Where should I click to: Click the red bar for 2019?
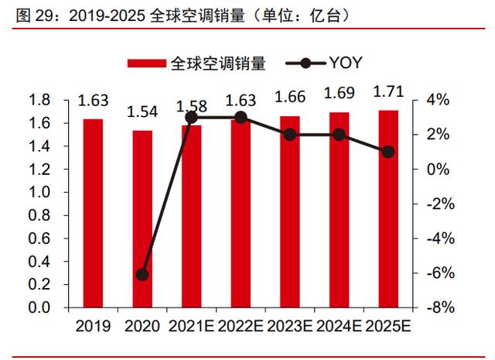(x=93, y=213)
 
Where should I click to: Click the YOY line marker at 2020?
(x=142, y=274)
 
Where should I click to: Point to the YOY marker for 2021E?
(x=192, y=117)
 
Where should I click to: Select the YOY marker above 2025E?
(x=388, y=152)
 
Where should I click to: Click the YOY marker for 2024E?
(x=339, y=134)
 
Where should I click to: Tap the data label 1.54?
(x=142, y=111)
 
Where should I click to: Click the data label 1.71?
(x=388, y=93)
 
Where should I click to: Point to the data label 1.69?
(x=339, y=94)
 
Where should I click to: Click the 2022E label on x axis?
(x=240, y=326)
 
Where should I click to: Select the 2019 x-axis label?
(x=93, y=326)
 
